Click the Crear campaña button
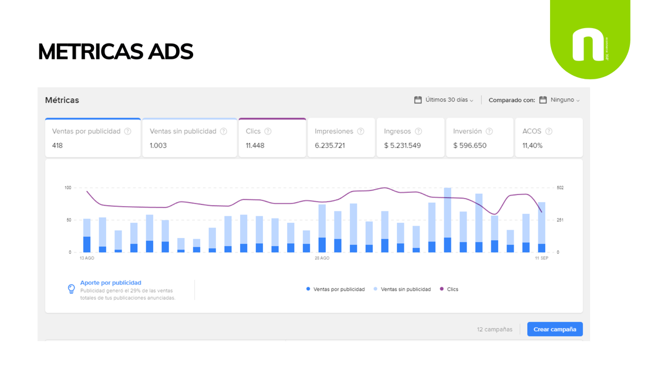555,329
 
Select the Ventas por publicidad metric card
93,137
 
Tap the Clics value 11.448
255,145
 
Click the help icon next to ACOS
549,131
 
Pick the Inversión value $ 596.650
470,145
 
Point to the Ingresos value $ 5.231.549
402,145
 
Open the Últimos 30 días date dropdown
444,100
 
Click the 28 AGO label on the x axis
322,258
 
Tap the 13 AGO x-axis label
87,258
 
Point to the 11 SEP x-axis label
541,258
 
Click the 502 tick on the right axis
560,187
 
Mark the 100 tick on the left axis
68,187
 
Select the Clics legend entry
449,289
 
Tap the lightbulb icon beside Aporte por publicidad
71,289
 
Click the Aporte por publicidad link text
111,283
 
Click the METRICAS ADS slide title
116,52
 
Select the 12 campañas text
495,329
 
